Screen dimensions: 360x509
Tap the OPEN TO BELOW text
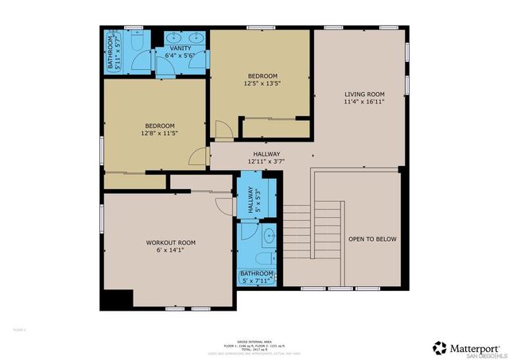coord(371,239)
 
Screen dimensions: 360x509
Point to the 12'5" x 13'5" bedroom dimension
coord(262,83)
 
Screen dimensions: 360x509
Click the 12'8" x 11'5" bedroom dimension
coord(161,134)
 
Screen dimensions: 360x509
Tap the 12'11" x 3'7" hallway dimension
coord(266,161)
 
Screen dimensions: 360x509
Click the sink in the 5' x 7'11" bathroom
coord(268,235)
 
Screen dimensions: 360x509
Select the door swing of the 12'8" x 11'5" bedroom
coord(200,157)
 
